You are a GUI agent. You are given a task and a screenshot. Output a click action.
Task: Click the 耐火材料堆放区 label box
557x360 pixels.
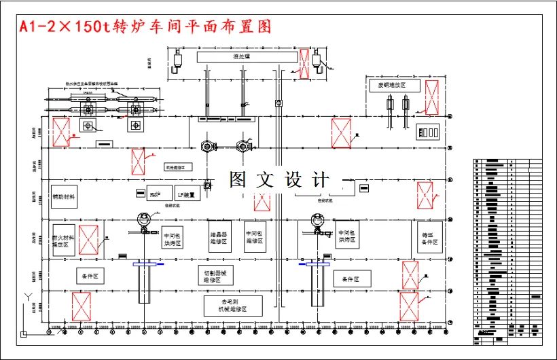point(63,240)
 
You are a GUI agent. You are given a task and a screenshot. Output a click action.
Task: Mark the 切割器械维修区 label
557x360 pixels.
point(215,275)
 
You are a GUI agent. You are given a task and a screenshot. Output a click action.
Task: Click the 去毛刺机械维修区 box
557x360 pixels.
point(233,305)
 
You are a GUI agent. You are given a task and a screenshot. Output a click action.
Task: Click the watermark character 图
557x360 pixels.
point(238,180)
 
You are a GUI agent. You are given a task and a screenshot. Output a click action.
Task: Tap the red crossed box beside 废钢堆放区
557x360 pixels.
point(431,96)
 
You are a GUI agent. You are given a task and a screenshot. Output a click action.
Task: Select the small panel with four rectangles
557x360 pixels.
point(429,132)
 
